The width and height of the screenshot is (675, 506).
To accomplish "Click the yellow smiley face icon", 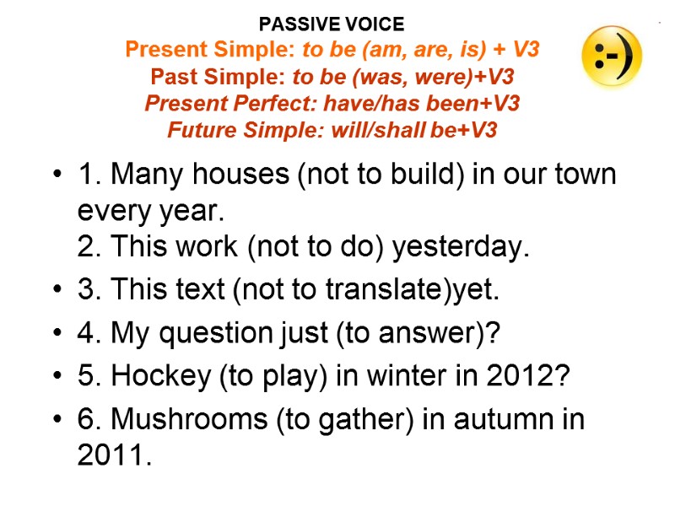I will click(x=612, y=56).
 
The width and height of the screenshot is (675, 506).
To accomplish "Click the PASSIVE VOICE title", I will click(x=332, y=24).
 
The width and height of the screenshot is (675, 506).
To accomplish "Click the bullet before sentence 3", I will click(x=57, y=291).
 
